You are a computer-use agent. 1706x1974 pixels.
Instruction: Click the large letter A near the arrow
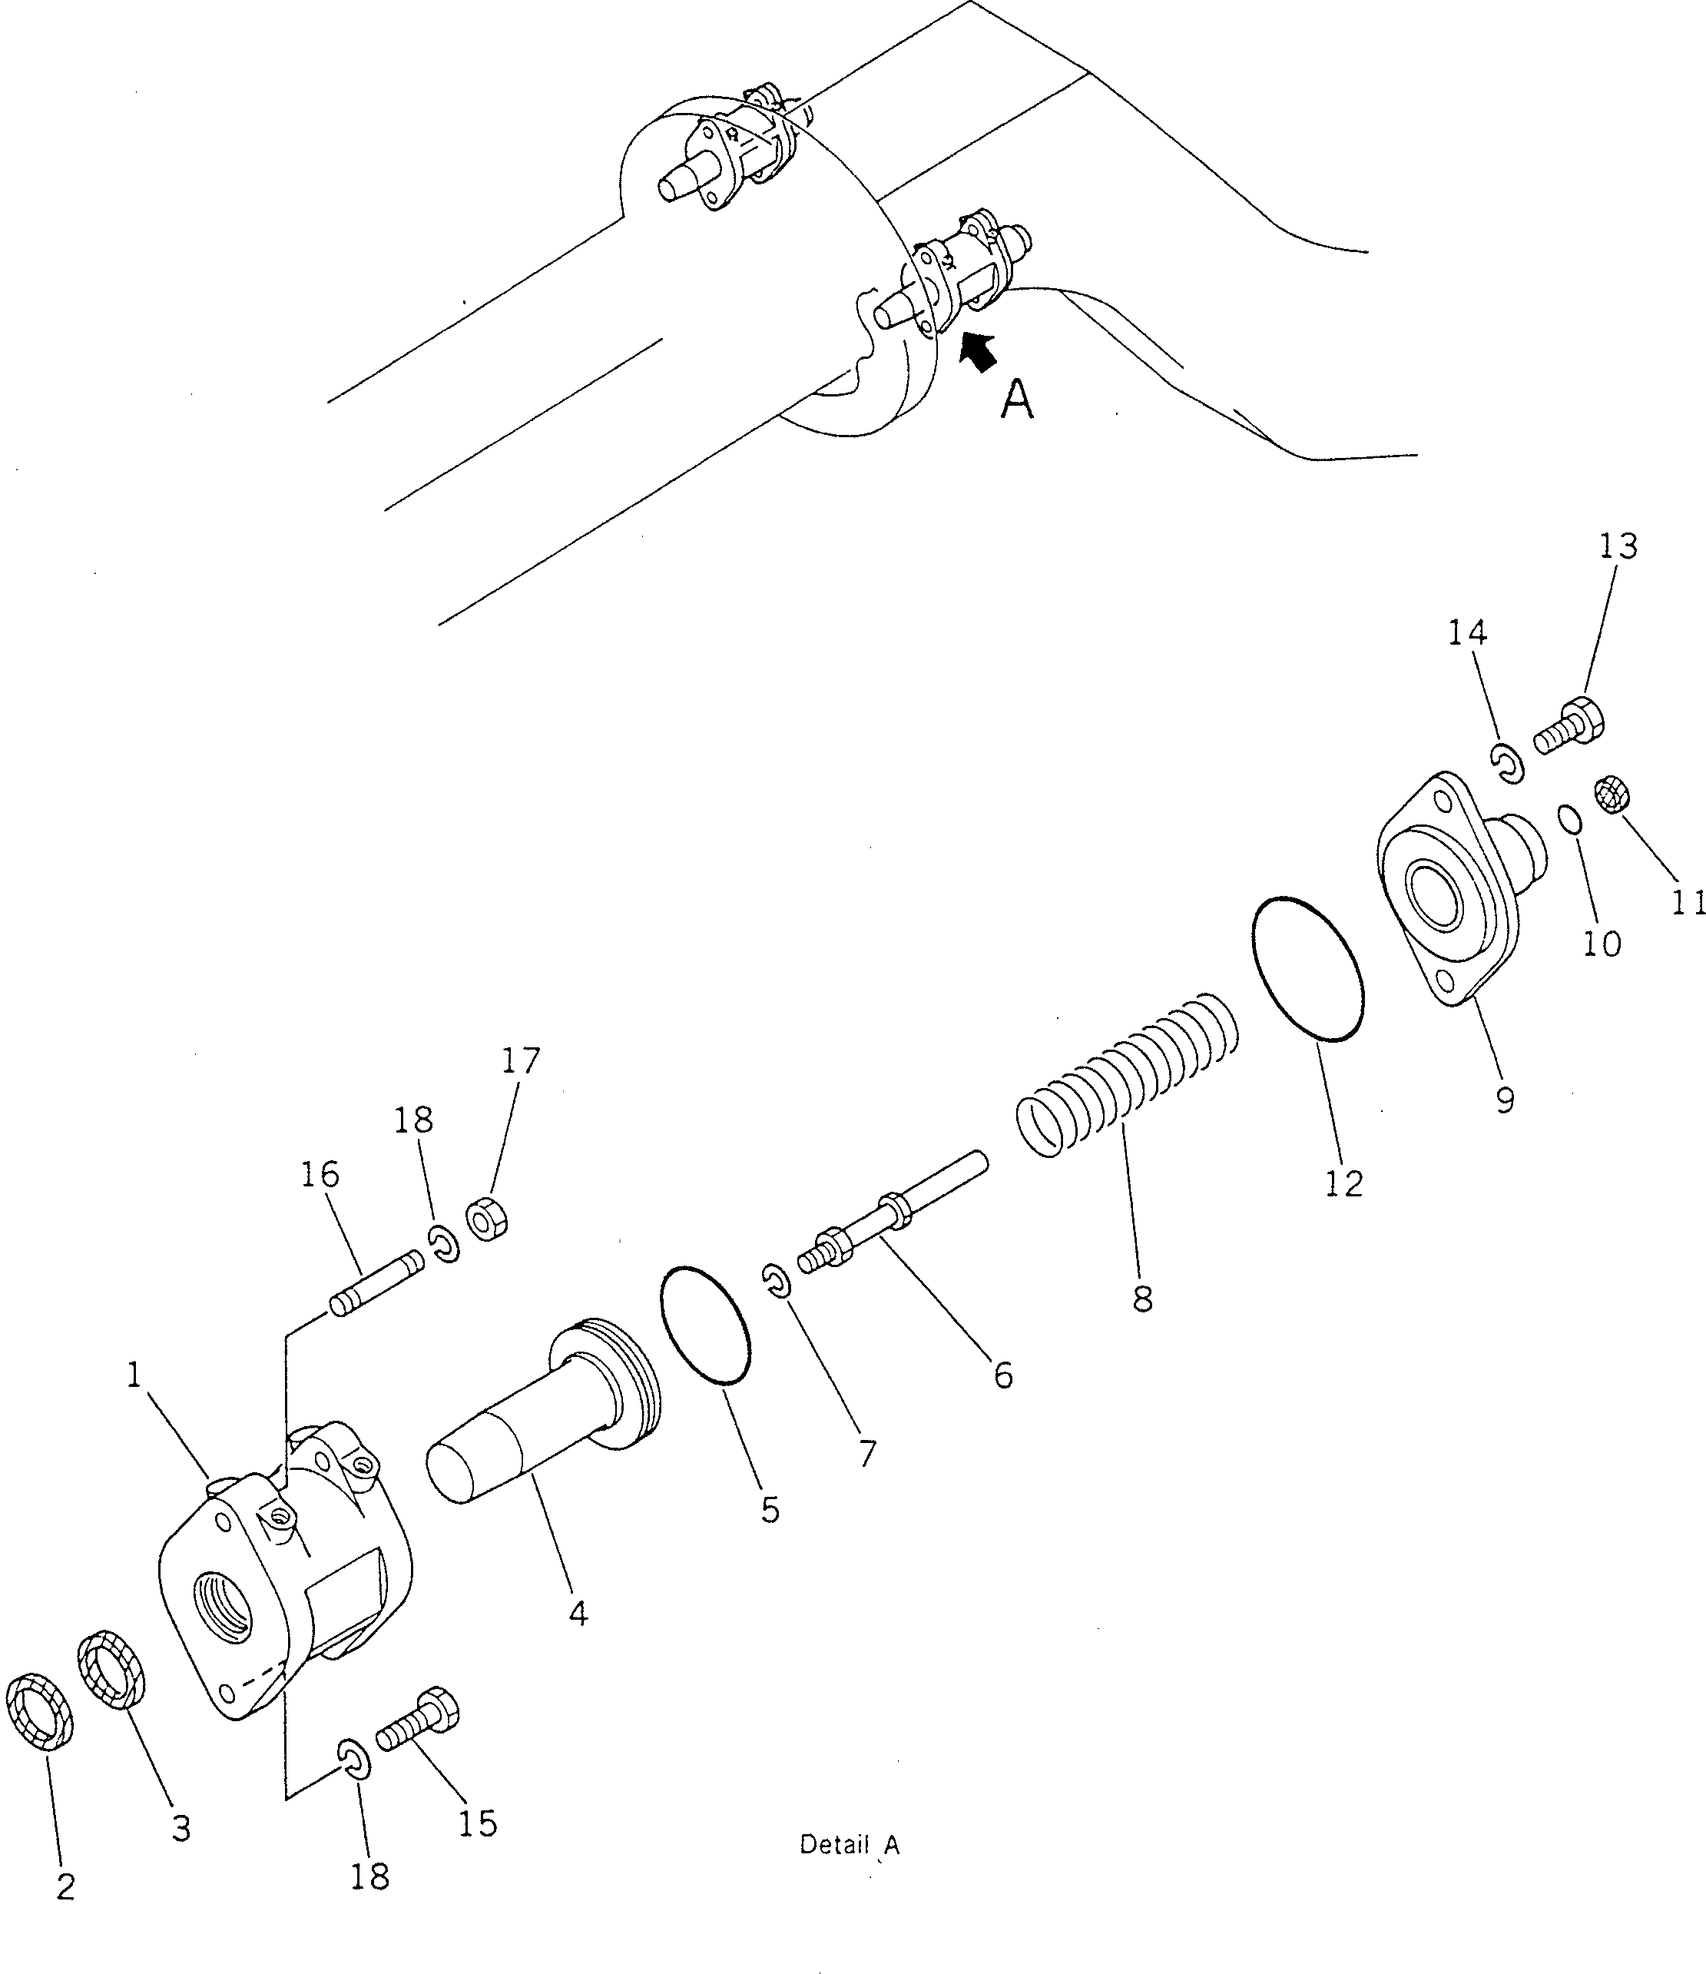tap(1017, 400)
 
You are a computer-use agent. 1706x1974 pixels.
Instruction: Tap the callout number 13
tap(1618, 546)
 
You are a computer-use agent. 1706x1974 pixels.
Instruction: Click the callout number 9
tap(1505, 1100)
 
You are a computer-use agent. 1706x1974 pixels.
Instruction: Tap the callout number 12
tap(1344, 1183)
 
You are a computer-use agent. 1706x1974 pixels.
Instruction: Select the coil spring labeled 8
tap(1129, 1075)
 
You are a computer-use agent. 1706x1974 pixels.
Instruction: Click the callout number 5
tap(770, 1508)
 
